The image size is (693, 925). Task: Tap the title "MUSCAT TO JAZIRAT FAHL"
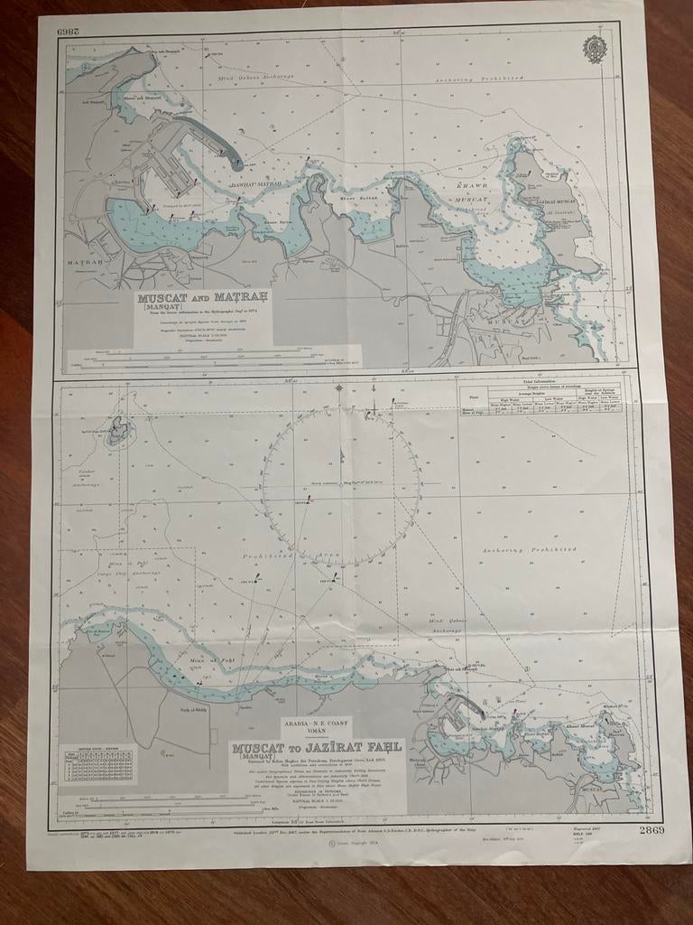coord(316,749)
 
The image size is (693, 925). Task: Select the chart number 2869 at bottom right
coord(651,830)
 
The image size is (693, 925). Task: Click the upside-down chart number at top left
coord(69,31)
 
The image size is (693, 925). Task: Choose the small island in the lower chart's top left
coord(117,433)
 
